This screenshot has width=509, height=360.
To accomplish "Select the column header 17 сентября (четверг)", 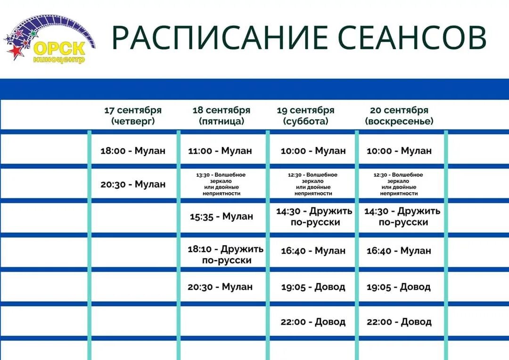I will pyautogui.click(x=133, y=115).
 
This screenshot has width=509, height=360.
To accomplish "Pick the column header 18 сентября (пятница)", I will pyautogui.click(x=222, y=115).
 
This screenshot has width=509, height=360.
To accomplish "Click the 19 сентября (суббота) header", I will pyautogui.click(x=305, y=115).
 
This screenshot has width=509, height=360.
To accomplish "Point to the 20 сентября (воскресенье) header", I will pyautogui.click(x=399, y=115).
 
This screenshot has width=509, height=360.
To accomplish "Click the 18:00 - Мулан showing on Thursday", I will pyautogui.click(x=133, y=151).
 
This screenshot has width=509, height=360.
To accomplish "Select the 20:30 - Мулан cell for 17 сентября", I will pyautogui.click(x=133, y=184).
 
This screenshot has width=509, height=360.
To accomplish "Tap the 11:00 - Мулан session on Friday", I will pyautogui.click(x=221, y=151).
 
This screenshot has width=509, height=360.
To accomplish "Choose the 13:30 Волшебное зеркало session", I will pyautogui.click(x=221, y=184).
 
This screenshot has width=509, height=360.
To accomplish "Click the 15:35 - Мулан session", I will pyautogui.click(x=222, y=216).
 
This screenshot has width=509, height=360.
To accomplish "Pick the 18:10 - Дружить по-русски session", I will pyautogui.click(x=226, y=254).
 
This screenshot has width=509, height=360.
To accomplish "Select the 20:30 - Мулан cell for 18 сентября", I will pyautogui.click(x=220, y=286).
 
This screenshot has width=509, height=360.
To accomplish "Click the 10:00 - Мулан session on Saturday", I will pyautogui.click(x=313, y=151).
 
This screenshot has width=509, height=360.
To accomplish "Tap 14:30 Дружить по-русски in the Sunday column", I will pyautogui.click(x=402, y=216).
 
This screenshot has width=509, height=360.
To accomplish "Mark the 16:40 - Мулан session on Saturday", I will pyautogui.click(x=313, y=251).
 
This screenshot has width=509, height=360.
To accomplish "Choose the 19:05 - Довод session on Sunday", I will pyautogui.click(x=399, y=286).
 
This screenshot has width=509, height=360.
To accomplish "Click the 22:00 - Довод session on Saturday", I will pyautogui.click(x=313, y=322).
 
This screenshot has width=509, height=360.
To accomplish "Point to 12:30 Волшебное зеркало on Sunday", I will pyautogui.click(x=399, y=184).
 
